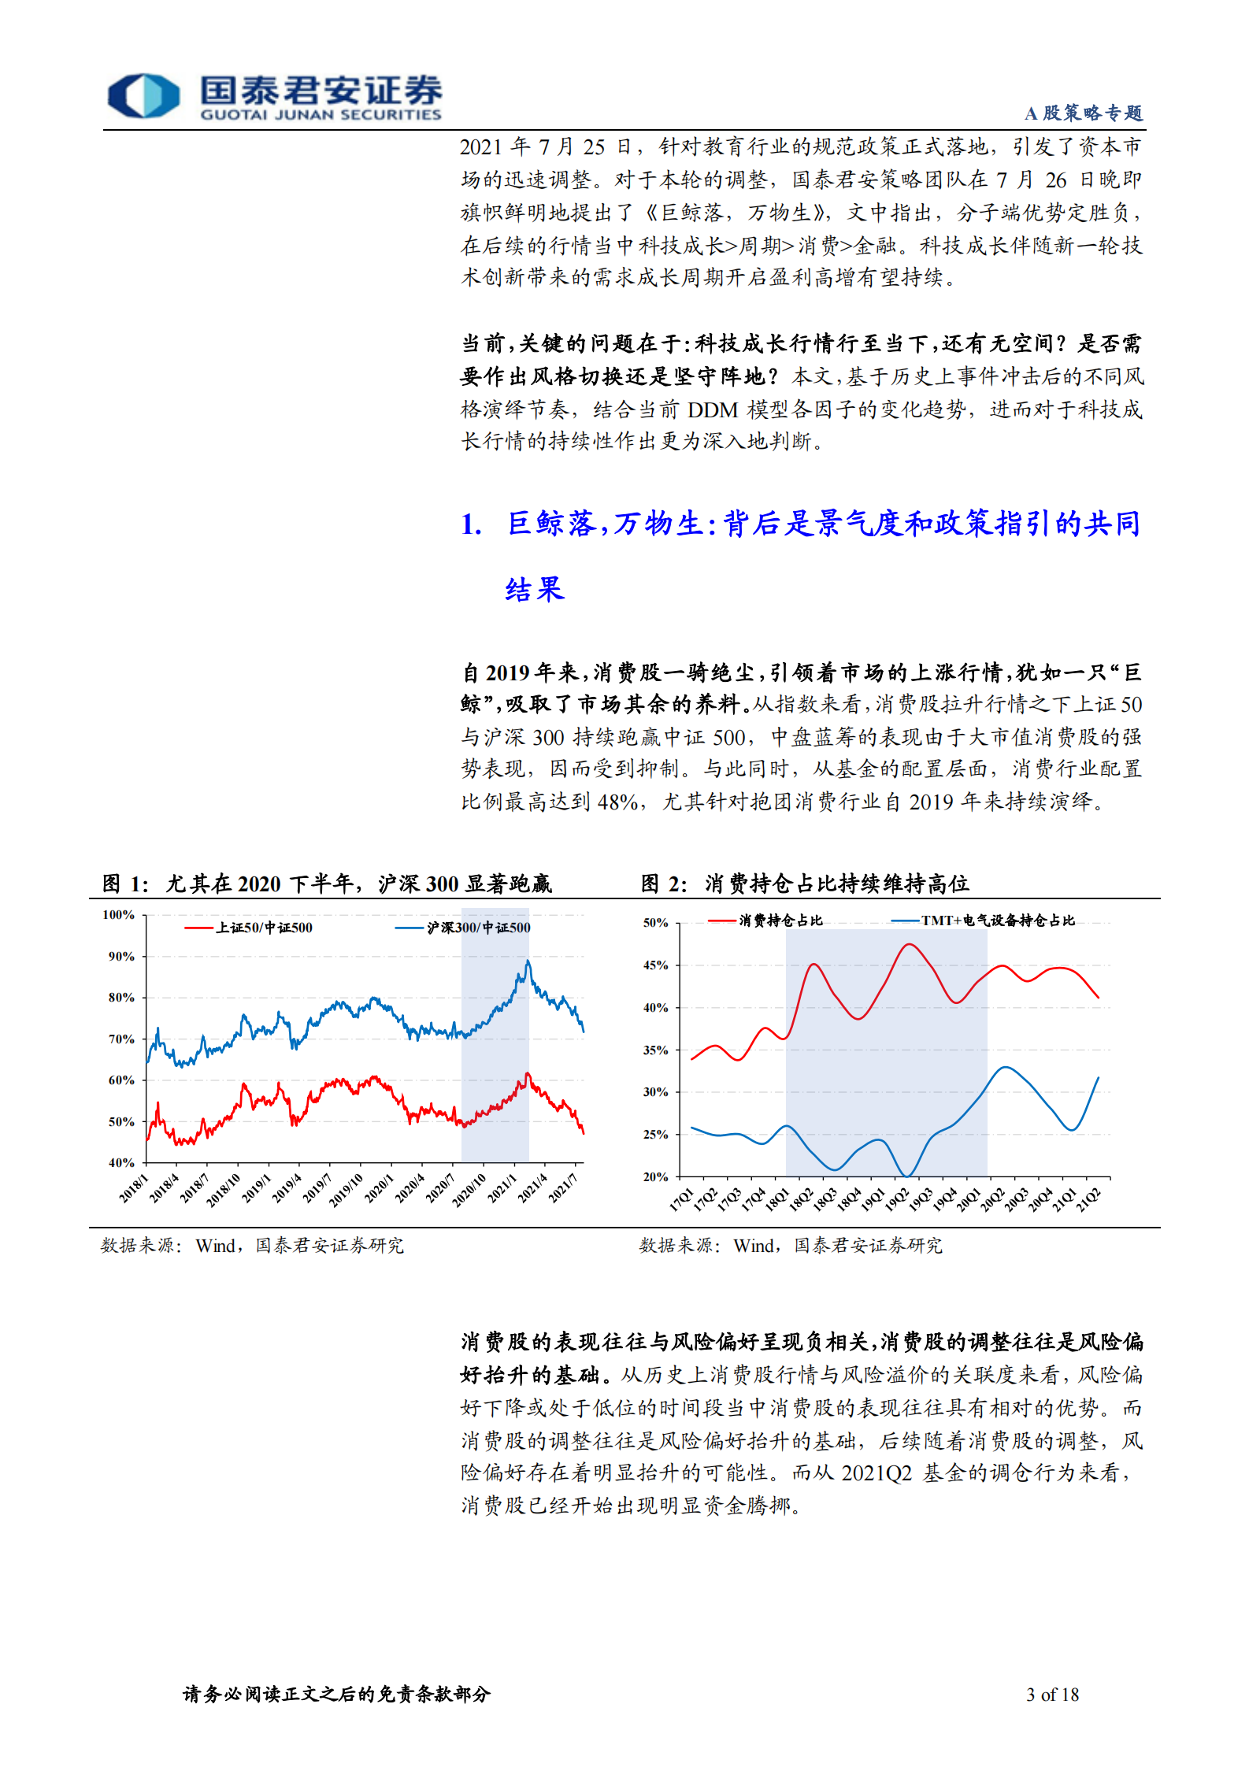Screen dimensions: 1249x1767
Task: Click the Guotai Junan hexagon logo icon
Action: (143, 96)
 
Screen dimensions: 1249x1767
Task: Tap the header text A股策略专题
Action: (1083, 113)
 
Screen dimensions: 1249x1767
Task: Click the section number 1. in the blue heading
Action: (471, 524)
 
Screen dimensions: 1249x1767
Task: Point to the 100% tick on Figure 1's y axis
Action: (118, 915)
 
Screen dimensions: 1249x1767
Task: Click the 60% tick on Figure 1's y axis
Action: (121, 1080)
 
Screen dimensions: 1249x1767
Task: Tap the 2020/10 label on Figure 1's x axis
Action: (470, 1188)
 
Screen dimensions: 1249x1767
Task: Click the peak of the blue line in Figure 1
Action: (528, 961)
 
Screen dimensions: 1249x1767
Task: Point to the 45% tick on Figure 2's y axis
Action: (656, 965)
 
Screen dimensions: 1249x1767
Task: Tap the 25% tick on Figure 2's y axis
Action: (656, 1135)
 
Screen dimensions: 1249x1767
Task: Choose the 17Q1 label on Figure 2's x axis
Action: (682, 1199)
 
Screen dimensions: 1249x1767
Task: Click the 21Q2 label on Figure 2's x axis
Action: (1089, 1199)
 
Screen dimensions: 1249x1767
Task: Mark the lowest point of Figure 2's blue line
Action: (907, 1176)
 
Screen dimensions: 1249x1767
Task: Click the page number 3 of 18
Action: (1052, 1695)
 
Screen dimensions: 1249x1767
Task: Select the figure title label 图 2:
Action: (664, 884)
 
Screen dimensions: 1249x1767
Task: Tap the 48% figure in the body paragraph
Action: (617, 802)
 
